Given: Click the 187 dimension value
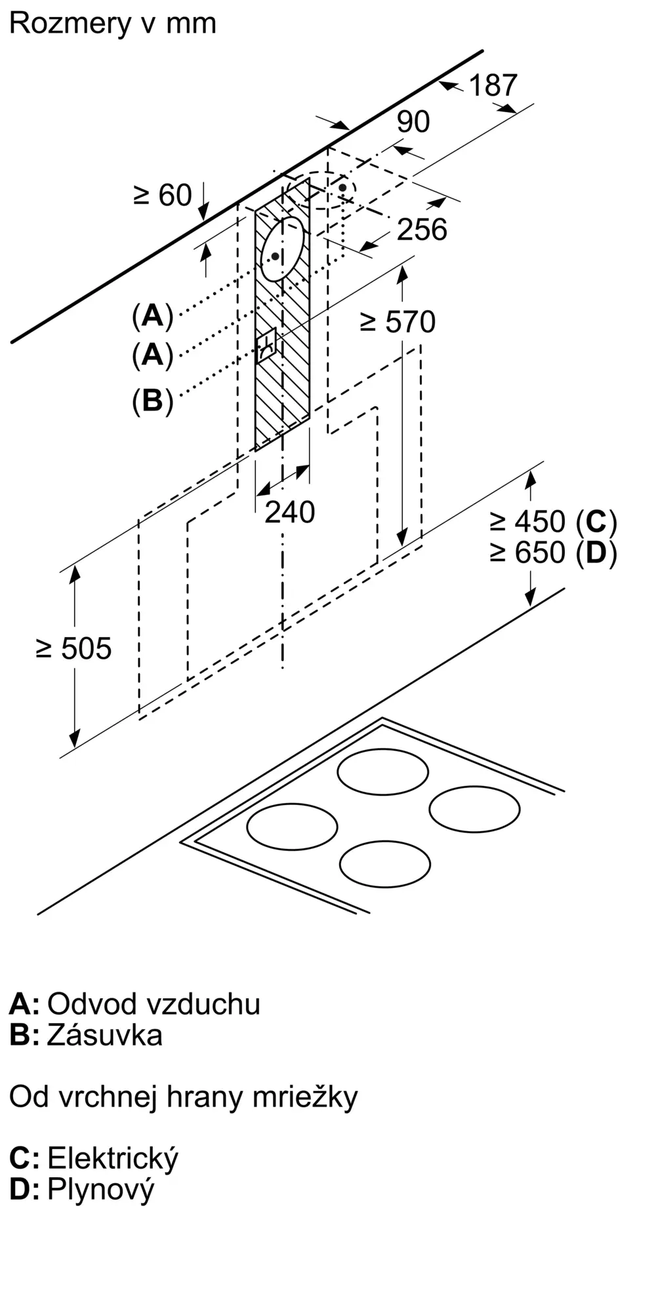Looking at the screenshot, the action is pyautogui.click(x=493, y=85).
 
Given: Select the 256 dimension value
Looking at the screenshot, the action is pyautogui.click(x=422, y=229).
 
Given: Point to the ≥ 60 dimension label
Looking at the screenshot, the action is pyautogui.click(x=162, y=195).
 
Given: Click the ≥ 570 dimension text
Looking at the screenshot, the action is pyautogui.click(x=398, y=322).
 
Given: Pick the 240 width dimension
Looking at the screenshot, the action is pyautogui.click(x=289, y=512).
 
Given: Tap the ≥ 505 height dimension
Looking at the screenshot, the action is pyautogui.click(x=74, y=648).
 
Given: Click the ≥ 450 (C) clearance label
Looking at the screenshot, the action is pyautogui.click(x=553, y=522).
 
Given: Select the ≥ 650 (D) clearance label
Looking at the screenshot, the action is pyautogui.click(x=553, y=553).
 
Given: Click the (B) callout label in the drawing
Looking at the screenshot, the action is pyautogui.click(x=152, y=400).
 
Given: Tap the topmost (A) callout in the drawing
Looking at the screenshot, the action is pyautogui.click(x=152, y=316).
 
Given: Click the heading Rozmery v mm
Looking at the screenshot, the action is pyautogui.click(x=112, y=24).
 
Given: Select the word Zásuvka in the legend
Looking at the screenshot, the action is pyautogui.click(x=105, y=1035).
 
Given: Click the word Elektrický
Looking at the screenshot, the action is pyautogui.click(x=113, y=1158).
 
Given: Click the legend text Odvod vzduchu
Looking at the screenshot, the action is pyautogui.click(x=154, y=1004).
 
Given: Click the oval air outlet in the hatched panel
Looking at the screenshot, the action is pyautogui.click(x=283, y=249).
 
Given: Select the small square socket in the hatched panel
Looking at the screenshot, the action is pyautogui.click(x=268, y=345).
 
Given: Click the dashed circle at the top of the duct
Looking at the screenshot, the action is pyautogui.click(x=320, y=190).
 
